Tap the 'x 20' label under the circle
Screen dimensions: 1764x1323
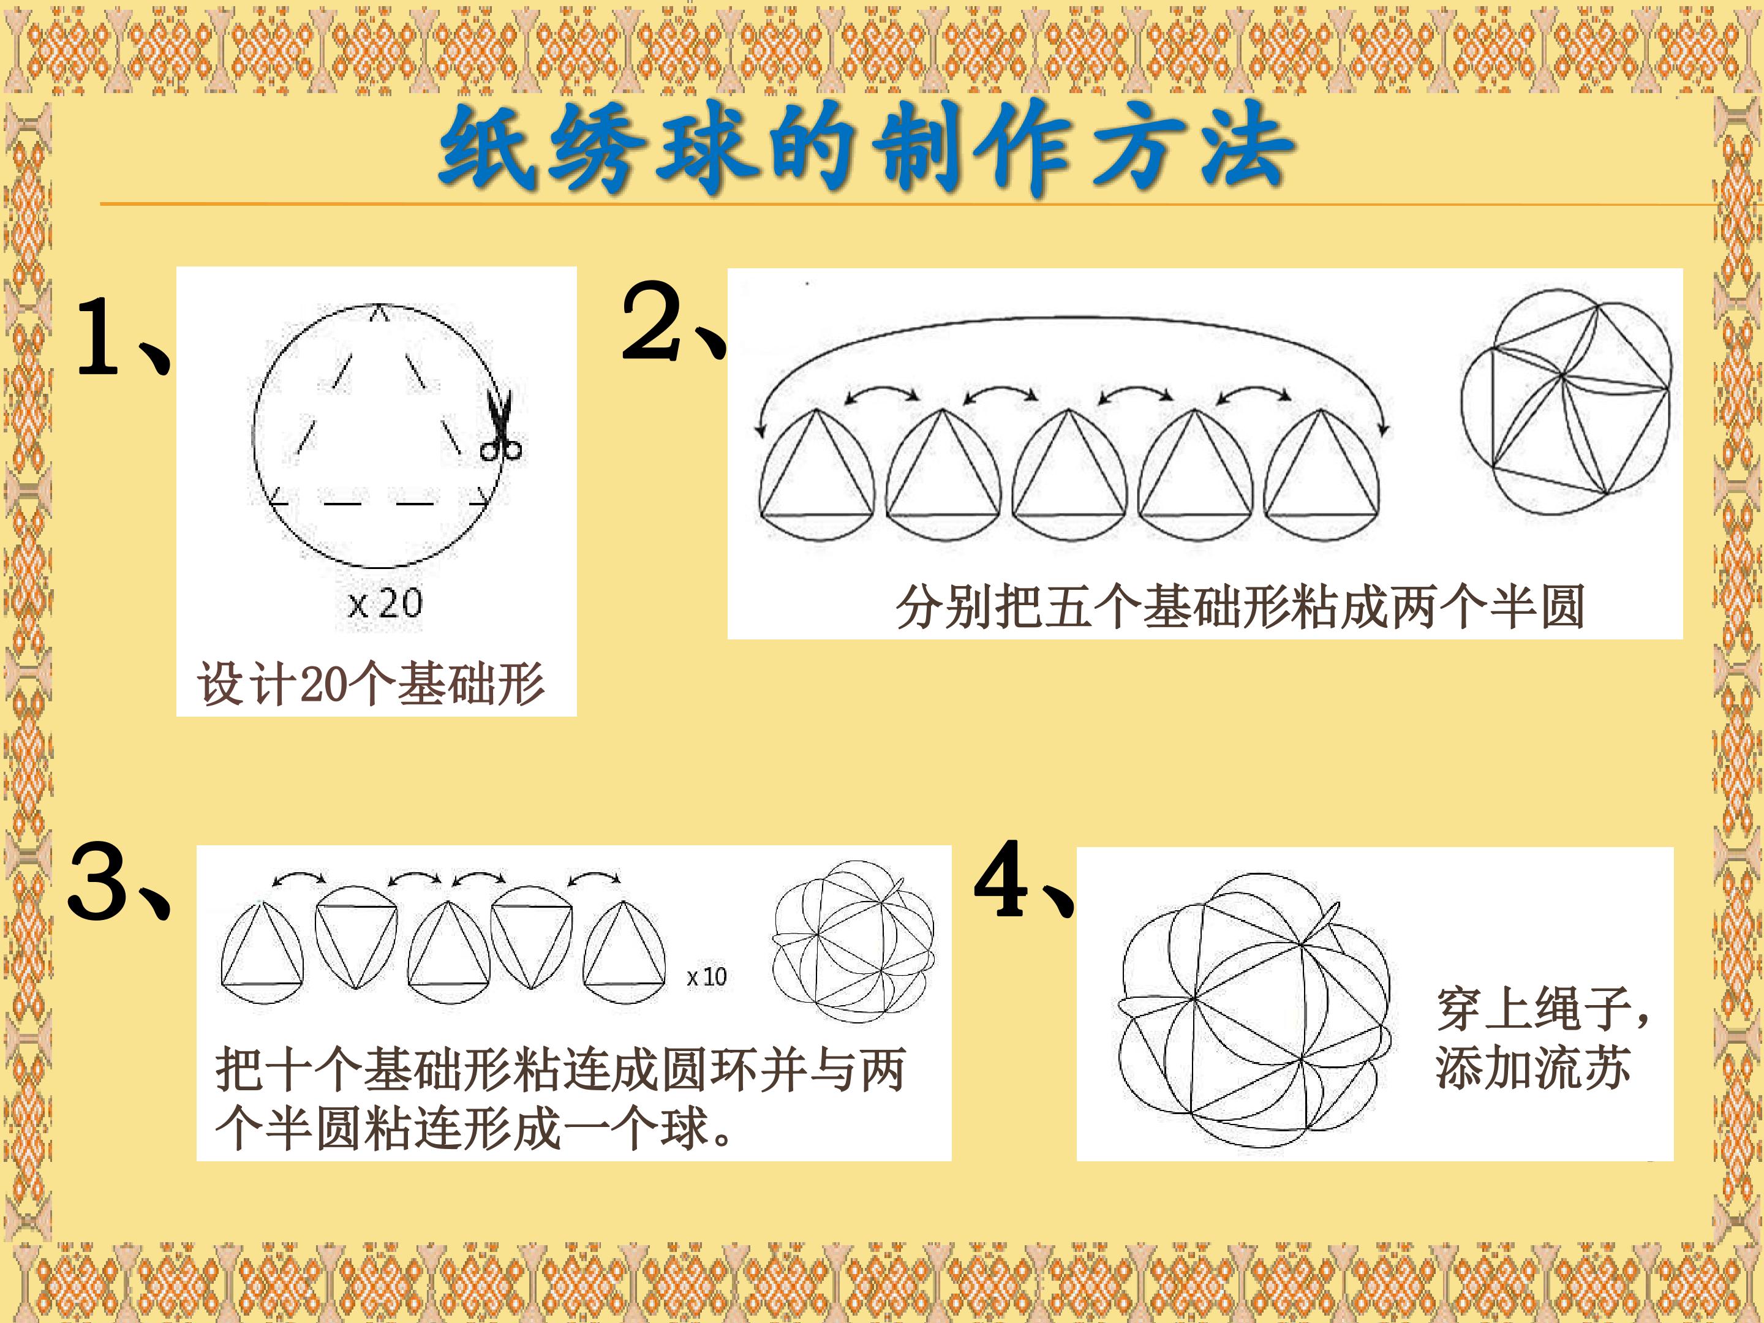point(385,604)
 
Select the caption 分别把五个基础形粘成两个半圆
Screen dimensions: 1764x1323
point(1240,607)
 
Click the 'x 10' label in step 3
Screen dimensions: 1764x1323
point(707,976)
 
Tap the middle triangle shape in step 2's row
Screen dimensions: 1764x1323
point(1069,475)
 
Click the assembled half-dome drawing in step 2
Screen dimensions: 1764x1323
point(1566,403)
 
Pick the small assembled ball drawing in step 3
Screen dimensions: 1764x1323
point(853,941)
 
